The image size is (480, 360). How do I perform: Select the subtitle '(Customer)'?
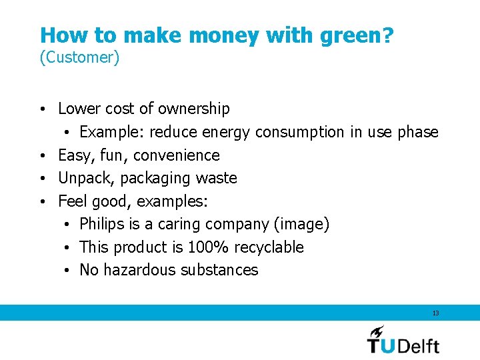coord(79,58)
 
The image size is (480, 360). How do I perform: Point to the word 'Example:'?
coord(112,132)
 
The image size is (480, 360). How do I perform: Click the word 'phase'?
coord(418,132)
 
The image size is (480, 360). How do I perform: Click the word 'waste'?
coord(216,178)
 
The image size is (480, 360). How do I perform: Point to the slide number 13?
coord(435,313)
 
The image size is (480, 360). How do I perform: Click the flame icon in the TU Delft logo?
coord(377,331)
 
